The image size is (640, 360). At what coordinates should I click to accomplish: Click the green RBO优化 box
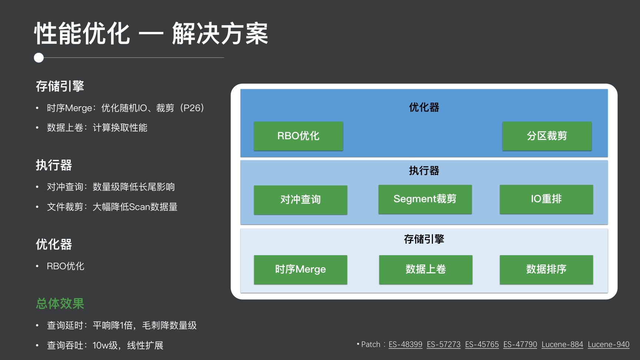tap(298, 136)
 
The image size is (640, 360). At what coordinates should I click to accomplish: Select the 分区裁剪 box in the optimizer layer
tap(547, 136)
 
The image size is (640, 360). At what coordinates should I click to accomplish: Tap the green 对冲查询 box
tap(300, 200)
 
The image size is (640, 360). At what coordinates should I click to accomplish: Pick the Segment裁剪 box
tap(425, 199)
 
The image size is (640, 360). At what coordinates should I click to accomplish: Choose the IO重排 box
tap(546, 199)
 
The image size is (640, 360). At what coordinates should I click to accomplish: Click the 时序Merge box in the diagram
tap(300, 269)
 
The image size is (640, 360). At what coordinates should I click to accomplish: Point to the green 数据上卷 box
tap(426, 269)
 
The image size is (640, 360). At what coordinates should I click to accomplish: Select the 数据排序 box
tap(546, 269)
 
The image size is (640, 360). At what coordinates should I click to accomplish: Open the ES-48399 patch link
tap(405, 344)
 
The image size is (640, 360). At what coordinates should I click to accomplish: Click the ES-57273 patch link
tap(444, 344)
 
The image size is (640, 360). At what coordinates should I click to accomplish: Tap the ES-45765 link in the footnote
tap(482, 344)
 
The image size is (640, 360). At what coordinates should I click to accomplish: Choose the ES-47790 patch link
tap(520, 344)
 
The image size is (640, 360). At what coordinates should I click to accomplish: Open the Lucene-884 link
tap(562, 344)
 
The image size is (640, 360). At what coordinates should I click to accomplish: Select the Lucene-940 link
tap(609, 344)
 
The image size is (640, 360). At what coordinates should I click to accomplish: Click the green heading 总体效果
tap(60, 304)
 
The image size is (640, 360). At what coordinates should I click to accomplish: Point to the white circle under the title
tap(39, 58)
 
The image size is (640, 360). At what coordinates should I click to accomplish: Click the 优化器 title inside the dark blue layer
tap(424, 107)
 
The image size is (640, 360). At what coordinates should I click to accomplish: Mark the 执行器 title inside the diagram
tap(424, 171)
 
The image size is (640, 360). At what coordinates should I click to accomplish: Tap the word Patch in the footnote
tap(371, 344)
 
